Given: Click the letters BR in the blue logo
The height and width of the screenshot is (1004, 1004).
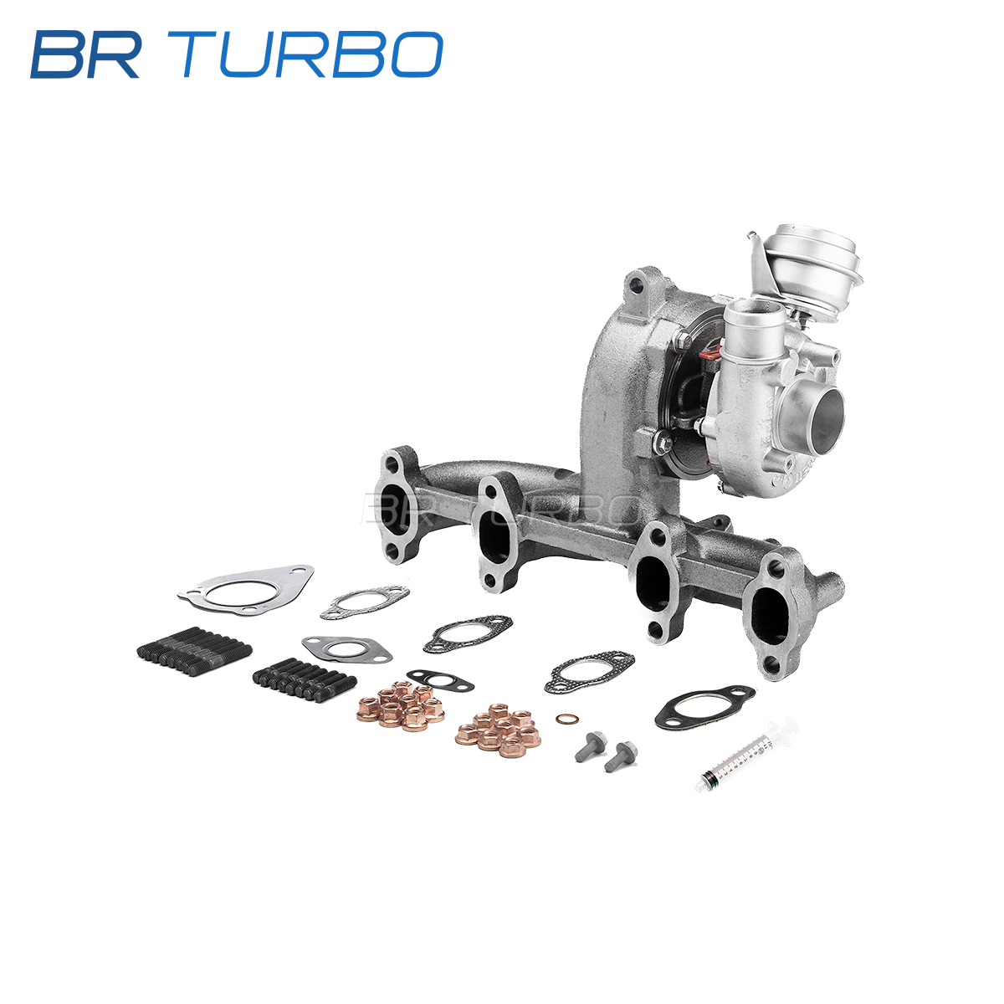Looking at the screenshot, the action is pos(86,54).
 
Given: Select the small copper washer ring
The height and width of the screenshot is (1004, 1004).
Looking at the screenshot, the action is pos(563,720).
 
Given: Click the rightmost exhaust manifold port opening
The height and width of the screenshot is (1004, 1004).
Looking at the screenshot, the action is pos(772,615).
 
